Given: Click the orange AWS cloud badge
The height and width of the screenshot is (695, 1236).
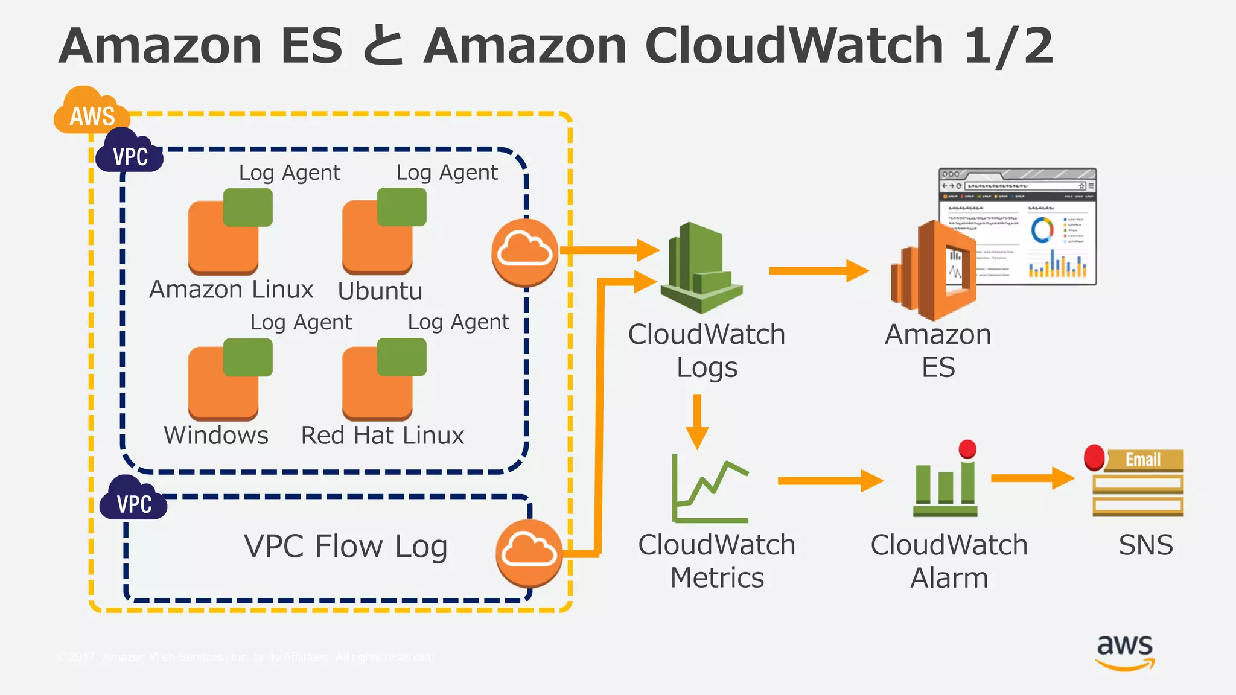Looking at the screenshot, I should (91, 112).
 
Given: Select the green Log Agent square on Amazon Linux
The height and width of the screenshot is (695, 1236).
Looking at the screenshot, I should (247, 207).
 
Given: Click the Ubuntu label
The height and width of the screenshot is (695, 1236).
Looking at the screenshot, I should (380, 291).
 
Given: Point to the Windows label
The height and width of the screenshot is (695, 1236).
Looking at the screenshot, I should (216, 436).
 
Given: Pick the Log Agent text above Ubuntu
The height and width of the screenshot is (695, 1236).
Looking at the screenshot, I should (447, 173).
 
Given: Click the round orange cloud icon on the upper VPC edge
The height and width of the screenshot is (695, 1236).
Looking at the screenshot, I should (524, 252).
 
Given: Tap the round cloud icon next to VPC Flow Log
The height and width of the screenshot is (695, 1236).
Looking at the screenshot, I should (529, 553).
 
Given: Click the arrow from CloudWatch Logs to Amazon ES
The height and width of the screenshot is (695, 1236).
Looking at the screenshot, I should (818, 271).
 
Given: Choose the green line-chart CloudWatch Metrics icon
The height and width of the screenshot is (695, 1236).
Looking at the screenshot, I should (710, 489).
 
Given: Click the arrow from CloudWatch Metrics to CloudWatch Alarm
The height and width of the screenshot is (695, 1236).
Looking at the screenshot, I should (830, 481).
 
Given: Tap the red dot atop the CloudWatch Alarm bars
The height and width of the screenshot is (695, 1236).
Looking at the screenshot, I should (967, 449).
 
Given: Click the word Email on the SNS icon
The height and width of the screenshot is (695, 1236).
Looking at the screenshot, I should (1142, 460).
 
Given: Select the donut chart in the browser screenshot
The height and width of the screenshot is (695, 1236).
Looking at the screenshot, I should (1042, 230).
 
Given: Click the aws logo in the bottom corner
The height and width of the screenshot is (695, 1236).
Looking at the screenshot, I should (1125, 651).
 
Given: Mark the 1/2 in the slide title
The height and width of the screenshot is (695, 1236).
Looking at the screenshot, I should (1008, 46).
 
